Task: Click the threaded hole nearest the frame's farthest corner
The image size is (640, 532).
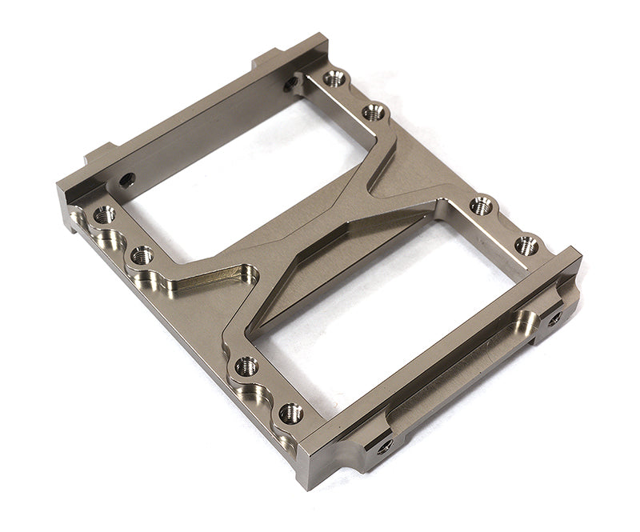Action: click(334, 78)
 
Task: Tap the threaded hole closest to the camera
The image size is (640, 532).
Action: click(290, 413)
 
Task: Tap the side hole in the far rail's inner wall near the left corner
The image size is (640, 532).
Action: click(126, 179)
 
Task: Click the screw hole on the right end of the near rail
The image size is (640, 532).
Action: click(554, 318)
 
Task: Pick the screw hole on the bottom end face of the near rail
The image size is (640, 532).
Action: click(385, 445)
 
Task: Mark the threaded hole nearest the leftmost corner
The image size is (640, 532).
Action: click(104, 214)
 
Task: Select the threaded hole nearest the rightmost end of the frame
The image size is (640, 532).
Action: click(526, 245)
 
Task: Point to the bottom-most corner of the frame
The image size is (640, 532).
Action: click(304, 484)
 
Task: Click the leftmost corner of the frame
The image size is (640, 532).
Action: click(58, 188)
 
